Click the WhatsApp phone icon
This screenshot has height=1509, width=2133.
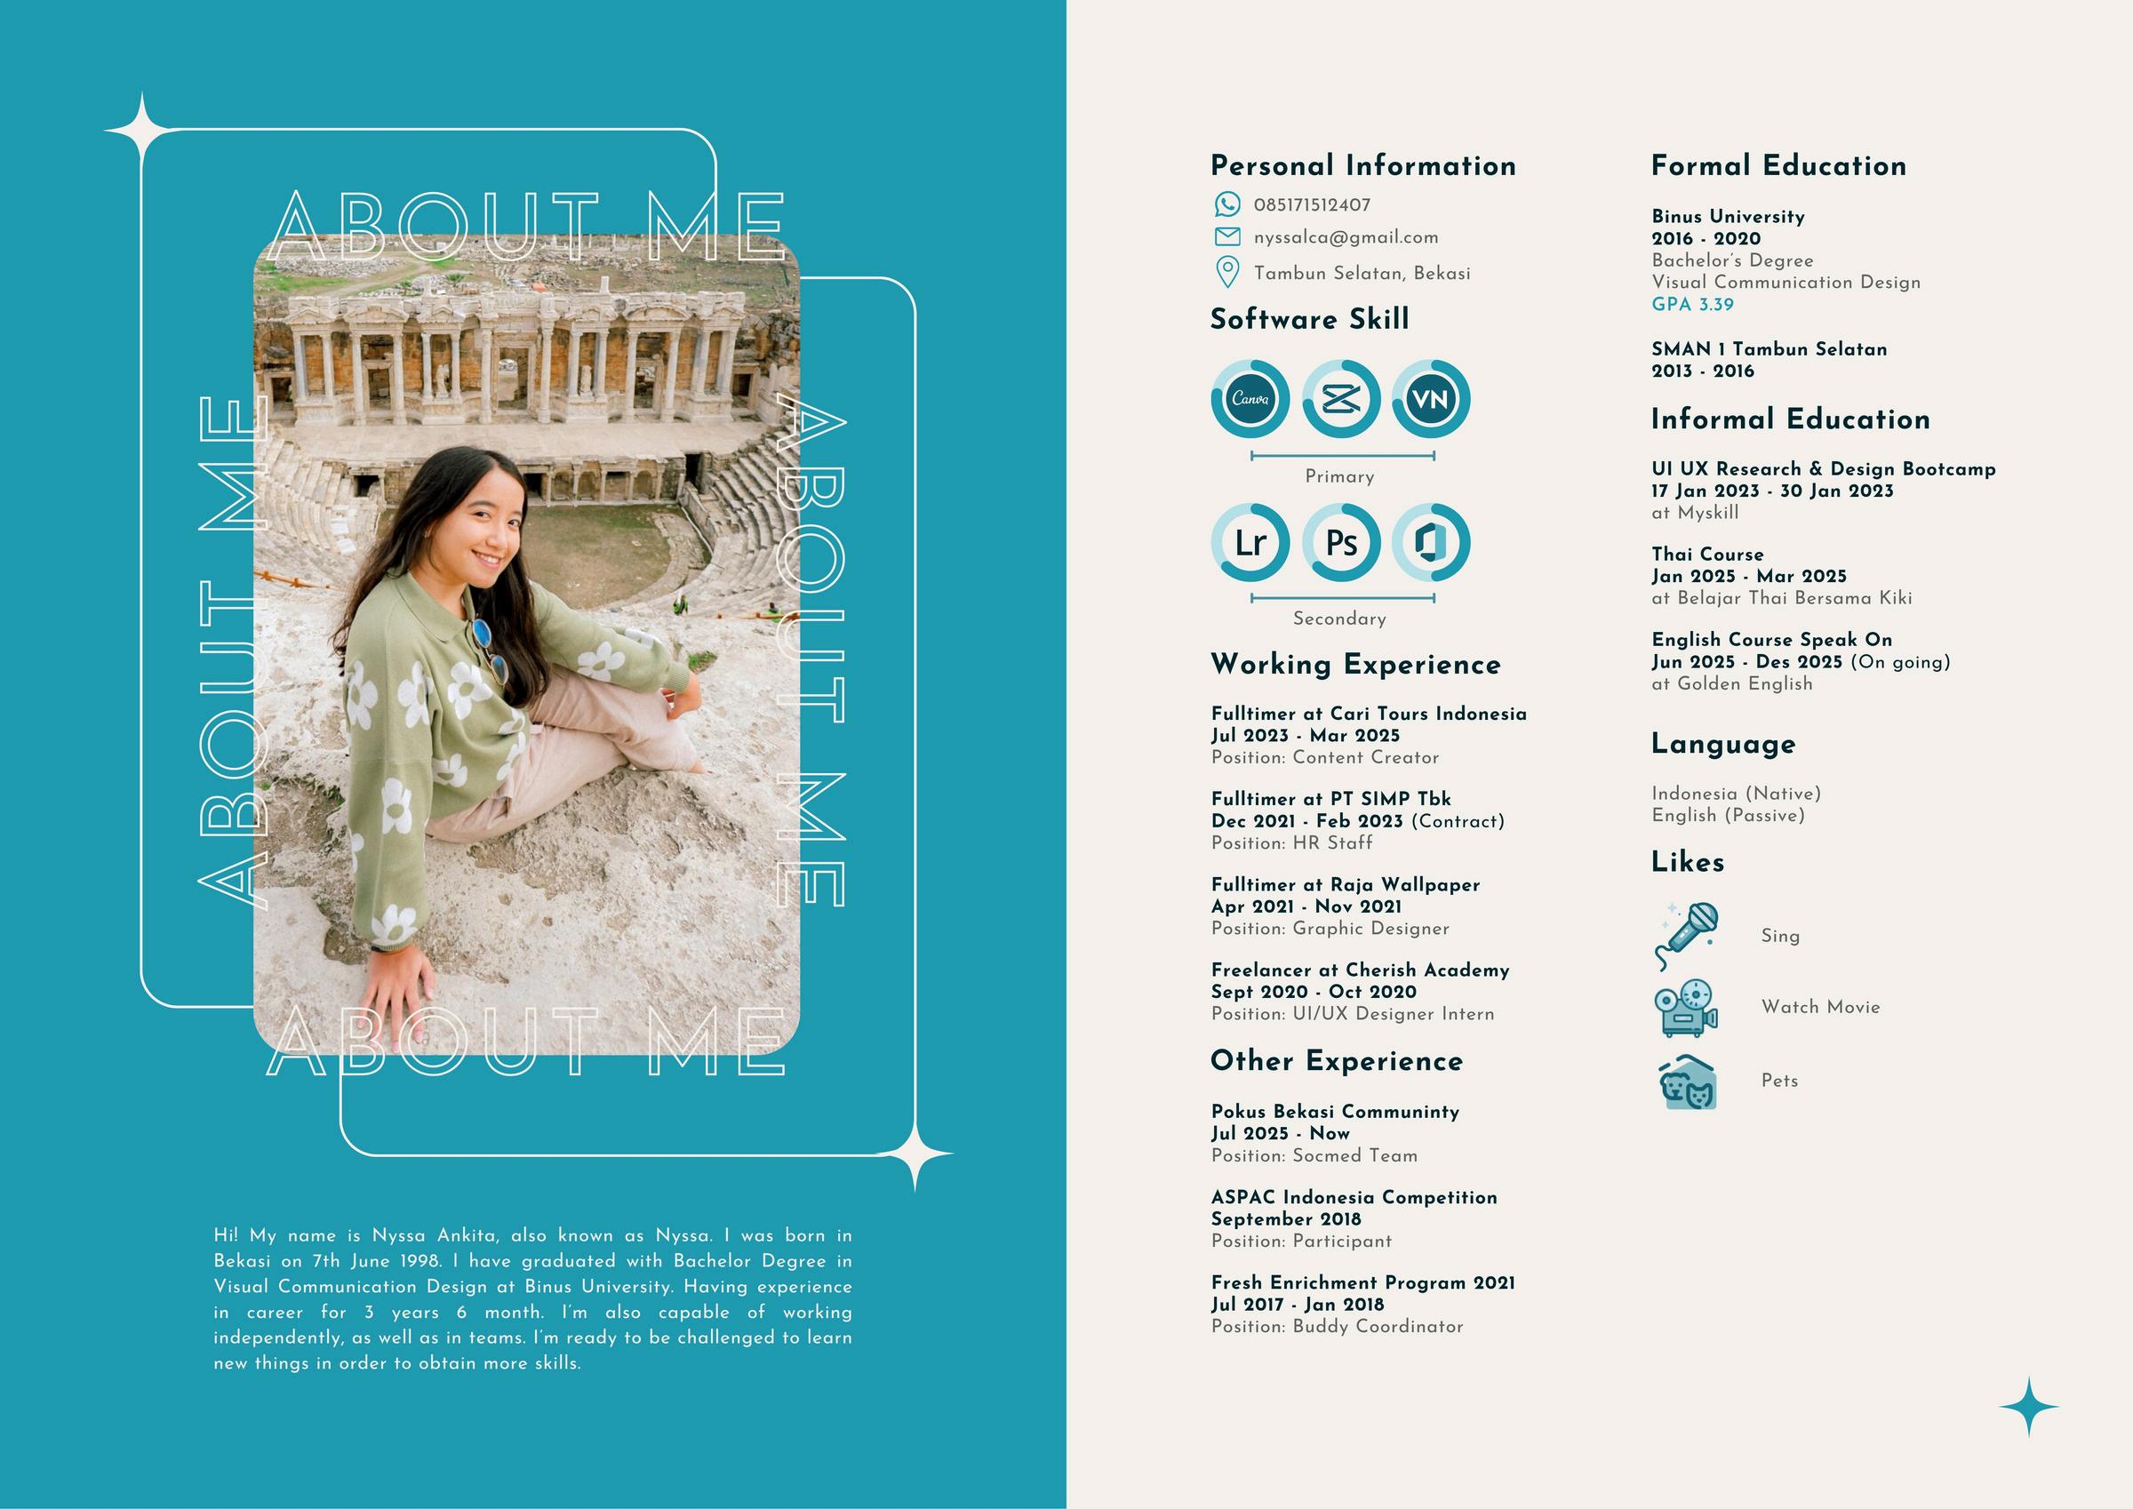tap(1227, 204)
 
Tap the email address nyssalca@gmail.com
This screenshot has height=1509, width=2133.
tap(1346, 238)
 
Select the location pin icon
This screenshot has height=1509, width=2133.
tap(1227, 272)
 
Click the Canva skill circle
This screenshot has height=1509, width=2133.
tap(1250, 400)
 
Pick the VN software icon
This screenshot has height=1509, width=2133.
tap(1431, 400)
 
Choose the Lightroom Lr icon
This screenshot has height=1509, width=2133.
tap(1250, 543)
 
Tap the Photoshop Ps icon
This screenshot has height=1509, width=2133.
tap(1340, 543)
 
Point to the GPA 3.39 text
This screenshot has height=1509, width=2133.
tap(1691, 305)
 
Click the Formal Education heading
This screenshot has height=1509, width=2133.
tap(1778, 166)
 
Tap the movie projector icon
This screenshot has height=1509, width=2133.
tap(1686, 1007)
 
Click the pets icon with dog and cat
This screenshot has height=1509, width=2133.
tap(1687, 1082)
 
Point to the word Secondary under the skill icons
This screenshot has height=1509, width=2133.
tap(1338, 619)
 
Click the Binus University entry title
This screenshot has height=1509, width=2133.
tap(1727, 217)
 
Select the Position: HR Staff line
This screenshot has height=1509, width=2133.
tap(1291, 842)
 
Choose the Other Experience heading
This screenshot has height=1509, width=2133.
tap(1336, 1061)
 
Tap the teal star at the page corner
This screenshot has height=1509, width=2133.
tap(2028, 1408)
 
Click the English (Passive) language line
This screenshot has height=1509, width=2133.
tap(1727, 816)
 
